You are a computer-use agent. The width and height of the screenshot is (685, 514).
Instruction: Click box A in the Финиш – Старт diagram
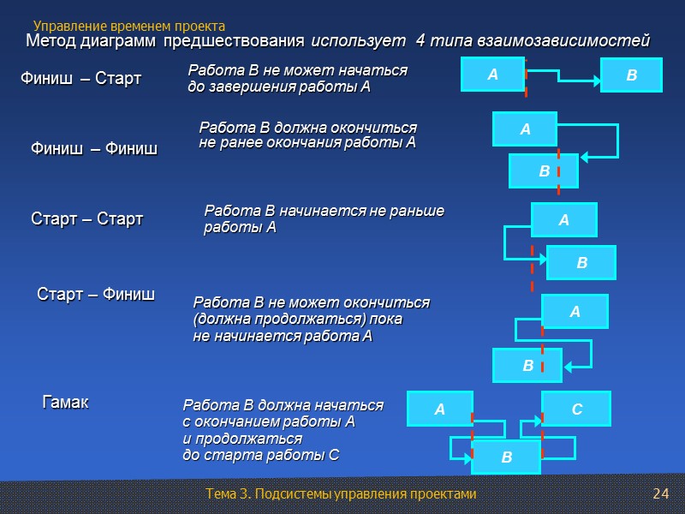[492, 75]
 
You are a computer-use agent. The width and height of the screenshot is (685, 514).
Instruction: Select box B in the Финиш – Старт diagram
[631, 75]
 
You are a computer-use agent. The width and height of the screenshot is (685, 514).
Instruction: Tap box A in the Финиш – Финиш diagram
[525, 129]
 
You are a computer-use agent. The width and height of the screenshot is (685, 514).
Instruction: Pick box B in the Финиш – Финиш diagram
[544, 171]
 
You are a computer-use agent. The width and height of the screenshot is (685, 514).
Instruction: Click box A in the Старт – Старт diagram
[563, 220]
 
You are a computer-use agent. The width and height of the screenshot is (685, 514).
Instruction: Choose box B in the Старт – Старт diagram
[581, 262]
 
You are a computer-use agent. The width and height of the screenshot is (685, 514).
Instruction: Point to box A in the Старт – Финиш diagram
[575, 312]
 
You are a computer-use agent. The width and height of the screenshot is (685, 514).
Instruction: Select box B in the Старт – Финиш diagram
[527, 366]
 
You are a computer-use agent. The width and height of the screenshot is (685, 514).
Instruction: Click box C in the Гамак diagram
[576, 409]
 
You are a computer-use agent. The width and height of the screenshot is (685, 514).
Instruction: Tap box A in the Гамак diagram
[439, 409]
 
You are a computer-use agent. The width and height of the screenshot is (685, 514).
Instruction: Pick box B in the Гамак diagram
[506, 457]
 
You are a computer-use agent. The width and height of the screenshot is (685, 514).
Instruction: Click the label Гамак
[66, 402]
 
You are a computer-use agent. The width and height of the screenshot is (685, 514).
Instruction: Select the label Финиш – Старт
[80, 80]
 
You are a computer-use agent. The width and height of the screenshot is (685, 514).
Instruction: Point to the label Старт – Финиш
[96, 295]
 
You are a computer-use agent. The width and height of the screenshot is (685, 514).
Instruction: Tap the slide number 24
[660, 494]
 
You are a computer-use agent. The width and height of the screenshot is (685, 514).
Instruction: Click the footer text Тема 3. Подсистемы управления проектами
[341, 494]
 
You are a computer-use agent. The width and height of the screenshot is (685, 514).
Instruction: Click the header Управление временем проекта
[129, 27]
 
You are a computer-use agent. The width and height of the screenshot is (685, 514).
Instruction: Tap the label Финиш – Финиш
[94, 150]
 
